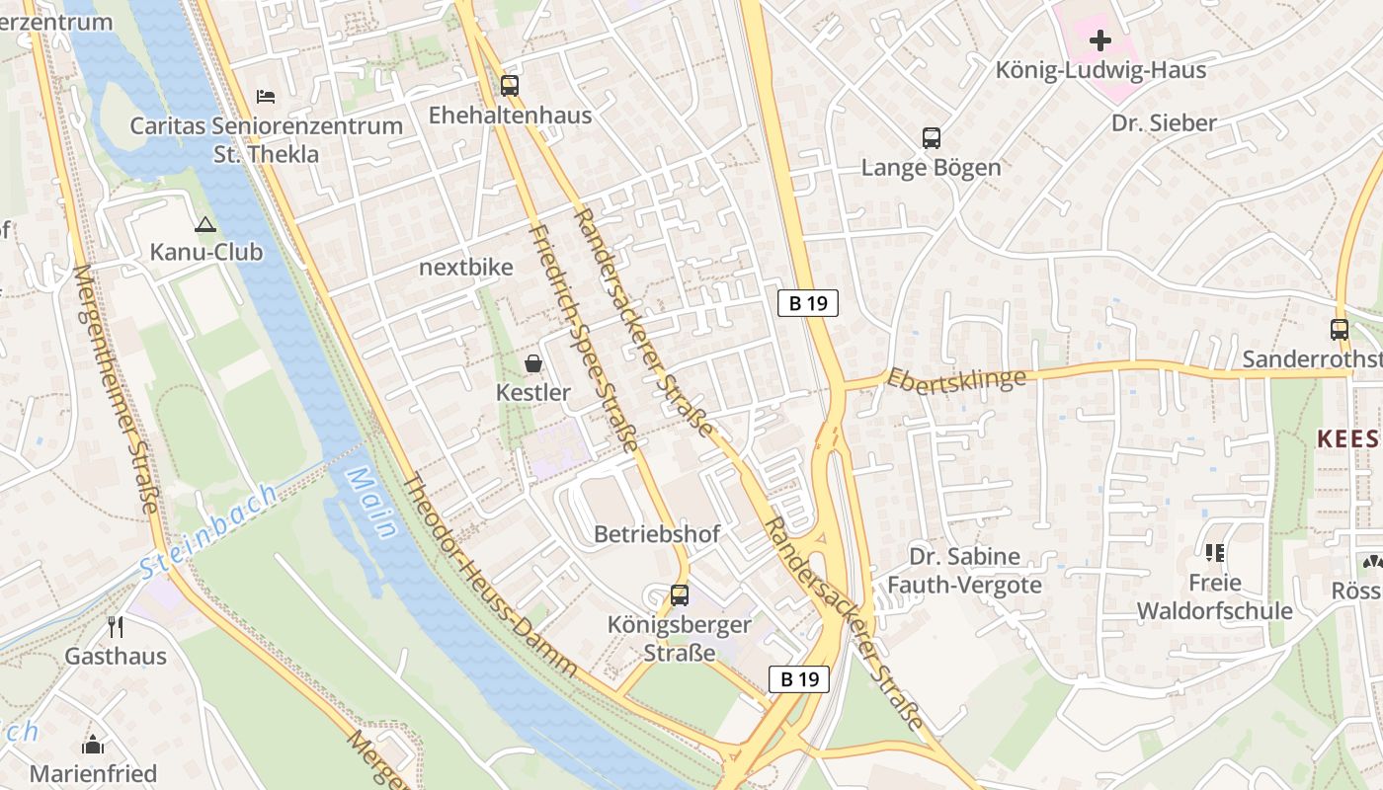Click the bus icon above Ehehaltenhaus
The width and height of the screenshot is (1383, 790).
(510, 86)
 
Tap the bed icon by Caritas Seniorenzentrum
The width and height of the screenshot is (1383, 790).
(266, 97)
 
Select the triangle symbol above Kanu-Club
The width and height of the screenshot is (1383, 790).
(205, 224)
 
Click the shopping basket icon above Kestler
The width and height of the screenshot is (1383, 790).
(533, 363)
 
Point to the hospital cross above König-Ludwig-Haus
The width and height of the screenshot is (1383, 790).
(1099, 40)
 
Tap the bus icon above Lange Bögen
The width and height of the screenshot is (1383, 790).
(932, 138)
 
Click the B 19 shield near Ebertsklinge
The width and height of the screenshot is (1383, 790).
(808, 303)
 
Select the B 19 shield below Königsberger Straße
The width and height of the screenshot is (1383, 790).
(799, 678)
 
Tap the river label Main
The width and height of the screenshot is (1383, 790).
(369, 504)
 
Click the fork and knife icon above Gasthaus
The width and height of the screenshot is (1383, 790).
(116, 626)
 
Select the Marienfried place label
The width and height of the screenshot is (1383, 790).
(93, 772)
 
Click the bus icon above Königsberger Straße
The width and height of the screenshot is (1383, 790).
(680, 595)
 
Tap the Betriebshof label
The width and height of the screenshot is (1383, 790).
(657, 534)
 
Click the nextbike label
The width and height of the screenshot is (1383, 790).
(466, 268)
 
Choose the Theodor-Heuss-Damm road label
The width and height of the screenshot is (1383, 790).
(490, 577)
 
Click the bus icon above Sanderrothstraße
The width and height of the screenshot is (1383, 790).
(1340, 330)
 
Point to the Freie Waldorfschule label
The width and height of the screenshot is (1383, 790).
(1214, 596)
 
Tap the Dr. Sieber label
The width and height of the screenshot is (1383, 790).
(1164, 123)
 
